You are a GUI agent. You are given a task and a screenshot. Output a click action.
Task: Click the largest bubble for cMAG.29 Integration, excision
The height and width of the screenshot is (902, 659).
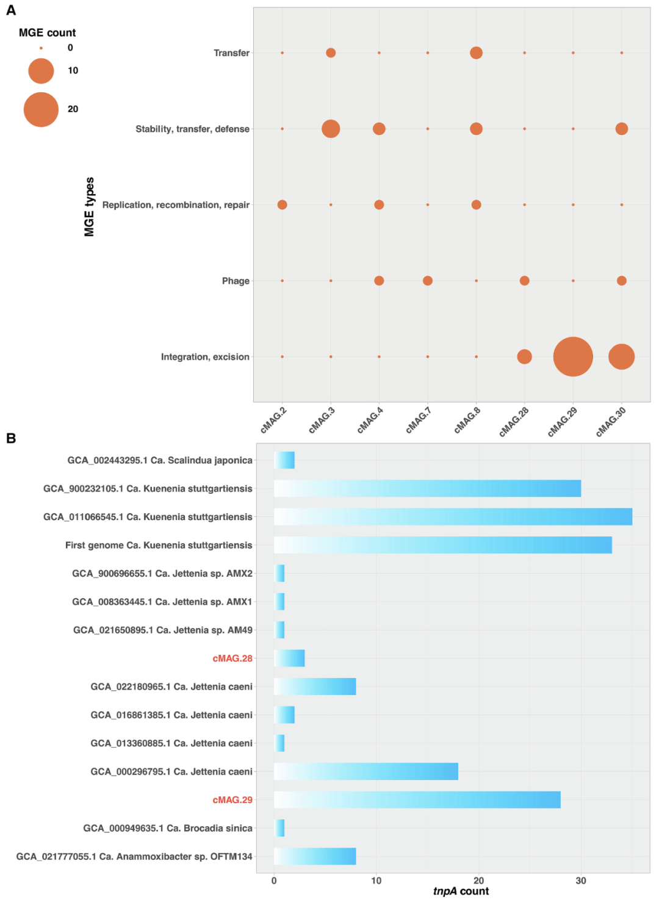tap(573, 356)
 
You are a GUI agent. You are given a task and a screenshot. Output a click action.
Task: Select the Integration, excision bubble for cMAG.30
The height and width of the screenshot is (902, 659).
tap(621, 356)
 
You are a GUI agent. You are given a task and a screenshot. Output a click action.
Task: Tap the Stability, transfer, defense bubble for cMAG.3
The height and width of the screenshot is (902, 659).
tap(331, 129)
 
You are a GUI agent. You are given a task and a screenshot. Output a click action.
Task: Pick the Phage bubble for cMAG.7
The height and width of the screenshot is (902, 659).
tap(428, 281)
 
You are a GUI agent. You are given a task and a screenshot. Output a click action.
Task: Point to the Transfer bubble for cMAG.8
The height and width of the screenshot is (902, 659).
tap(476, 53)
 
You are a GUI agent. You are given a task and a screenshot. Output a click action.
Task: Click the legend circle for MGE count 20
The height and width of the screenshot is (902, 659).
tap(41, 109)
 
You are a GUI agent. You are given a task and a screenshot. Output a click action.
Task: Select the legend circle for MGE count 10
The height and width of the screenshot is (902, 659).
tap(41, 71)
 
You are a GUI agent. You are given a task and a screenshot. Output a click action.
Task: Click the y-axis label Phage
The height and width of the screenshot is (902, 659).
tap(236, 281)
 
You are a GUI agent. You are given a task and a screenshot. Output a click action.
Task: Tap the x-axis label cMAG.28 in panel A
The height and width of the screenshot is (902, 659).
tap(514, 421)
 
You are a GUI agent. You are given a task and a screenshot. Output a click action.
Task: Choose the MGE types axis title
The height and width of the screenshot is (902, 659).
tap(90, 207)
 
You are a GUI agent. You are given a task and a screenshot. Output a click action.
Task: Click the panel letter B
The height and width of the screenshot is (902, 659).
tap(10, 438)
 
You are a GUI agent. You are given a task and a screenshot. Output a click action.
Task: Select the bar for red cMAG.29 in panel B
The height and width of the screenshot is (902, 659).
tap(417, 799)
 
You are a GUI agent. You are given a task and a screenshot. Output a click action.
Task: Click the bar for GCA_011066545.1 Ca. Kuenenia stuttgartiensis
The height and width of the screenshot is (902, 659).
tap(453, 517)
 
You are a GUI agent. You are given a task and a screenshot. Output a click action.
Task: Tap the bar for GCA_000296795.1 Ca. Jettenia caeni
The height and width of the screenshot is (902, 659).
tap(366, 771)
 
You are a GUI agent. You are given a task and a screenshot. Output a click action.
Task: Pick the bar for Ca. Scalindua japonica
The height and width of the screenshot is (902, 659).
tap(284, 460)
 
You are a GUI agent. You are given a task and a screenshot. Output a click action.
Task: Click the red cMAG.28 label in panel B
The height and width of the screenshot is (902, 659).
tap(232, 658)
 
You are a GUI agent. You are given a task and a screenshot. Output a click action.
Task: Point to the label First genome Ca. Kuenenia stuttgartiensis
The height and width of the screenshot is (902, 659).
tap(159, 545)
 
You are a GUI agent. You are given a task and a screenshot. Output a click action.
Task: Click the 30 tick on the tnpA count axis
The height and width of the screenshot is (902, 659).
tap(581, 881)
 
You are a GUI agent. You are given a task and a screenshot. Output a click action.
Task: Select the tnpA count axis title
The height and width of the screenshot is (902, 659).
tap(461, 892)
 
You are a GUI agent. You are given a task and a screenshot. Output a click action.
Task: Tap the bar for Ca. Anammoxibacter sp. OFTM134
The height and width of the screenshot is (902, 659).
tap(315, 856)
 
